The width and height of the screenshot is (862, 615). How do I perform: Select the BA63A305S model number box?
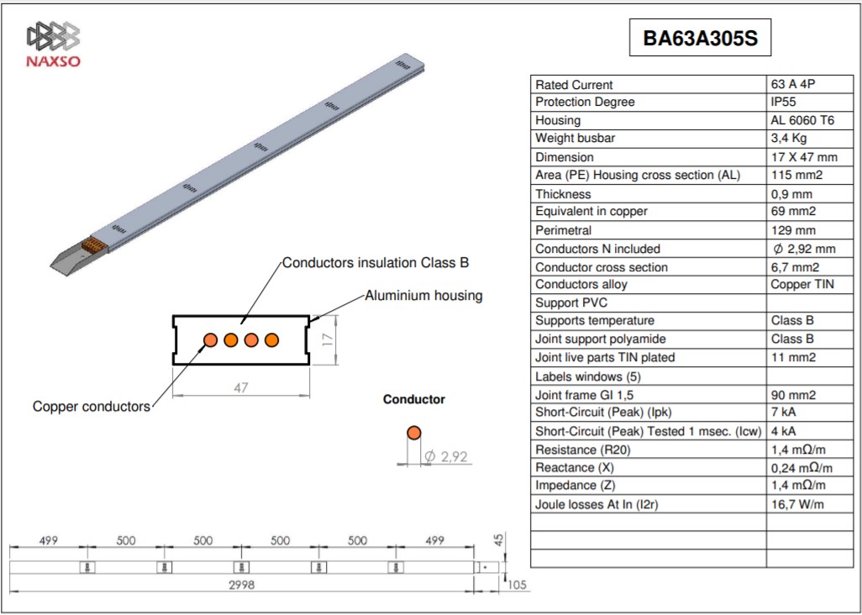[700, 37]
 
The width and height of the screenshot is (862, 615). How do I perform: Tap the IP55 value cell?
[783, 102]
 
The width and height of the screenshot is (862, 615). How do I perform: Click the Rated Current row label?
[573, 85]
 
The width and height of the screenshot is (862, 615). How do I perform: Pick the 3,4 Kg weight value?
[789, 139]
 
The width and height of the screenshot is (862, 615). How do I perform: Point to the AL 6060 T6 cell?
[802, 120]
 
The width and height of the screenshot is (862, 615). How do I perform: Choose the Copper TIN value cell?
[802, 285]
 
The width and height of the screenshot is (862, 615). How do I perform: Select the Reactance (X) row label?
[575, 468]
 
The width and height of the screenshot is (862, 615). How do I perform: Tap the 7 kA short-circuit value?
[783, 413]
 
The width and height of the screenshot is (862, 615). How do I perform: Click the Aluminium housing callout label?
[423, 296]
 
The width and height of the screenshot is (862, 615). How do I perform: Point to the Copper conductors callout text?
[92, 407]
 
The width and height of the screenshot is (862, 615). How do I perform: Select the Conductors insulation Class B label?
[376, 263]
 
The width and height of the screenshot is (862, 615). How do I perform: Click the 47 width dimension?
[241, 387]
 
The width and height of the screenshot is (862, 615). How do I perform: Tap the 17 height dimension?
[328, 339]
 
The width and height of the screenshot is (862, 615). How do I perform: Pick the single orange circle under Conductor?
[414, 433]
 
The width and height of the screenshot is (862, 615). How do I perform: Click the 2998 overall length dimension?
[242, 586]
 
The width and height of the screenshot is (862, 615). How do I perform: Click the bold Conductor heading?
[414, 400]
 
